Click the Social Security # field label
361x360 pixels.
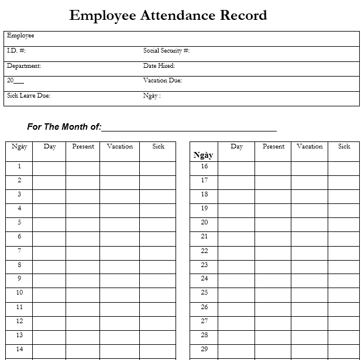tap(166, 51)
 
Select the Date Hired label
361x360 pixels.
tap(159, 66)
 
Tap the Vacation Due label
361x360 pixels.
tap(162, 81)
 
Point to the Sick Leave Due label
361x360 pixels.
tap(29, 96)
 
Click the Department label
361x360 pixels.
tap(24, 66)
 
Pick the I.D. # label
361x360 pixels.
tap(16, 51)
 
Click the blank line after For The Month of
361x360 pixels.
tap(189, 127)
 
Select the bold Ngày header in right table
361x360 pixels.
tap(203, 155)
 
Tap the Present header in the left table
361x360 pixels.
tap(83, 147)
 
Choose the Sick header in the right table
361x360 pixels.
tap(344, 147)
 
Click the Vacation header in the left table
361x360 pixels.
tap(120, 147)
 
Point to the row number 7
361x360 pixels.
tap(19, 251)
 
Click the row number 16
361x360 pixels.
tap(204, 167)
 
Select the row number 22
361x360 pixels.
tap(204, 251)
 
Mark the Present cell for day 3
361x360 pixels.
tap(83, 195)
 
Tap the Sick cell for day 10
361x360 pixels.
tap(158, 293)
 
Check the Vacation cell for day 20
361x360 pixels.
tap(310, 223)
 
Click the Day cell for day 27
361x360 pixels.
tap(236, 321)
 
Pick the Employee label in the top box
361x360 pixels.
tap(20, 36)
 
